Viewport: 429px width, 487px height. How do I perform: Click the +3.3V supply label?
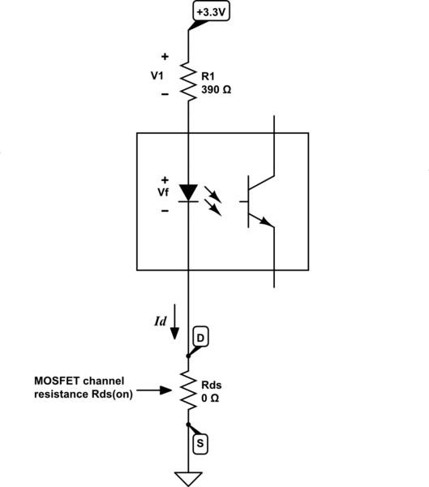pyautogui.click(x=211, y=12)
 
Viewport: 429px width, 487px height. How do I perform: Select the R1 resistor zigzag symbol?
pyautogui.click(x=188, y=81)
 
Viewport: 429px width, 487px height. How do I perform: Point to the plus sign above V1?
pyautogui.click(x=165, y=58)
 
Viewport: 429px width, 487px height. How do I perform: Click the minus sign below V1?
pyautogui.click(x=165, y=94)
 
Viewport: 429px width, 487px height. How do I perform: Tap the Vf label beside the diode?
pyautogui.click(x=164, y=193)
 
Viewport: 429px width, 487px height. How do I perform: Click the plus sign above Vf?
pyautogui.click(x=165, y=179)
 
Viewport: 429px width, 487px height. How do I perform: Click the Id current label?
pyautogui.click(x=161, y=321)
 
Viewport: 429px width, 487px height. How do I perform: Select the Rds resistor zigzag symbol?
pyautogui.click(x=188, y=390)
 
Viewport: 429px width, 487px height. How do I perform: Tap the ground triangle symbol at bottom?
pyautogui.click(x=188, y=477)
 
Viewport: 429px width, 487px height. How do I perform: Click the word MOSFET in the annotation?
pyautogui.click(x=56, y=381)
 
